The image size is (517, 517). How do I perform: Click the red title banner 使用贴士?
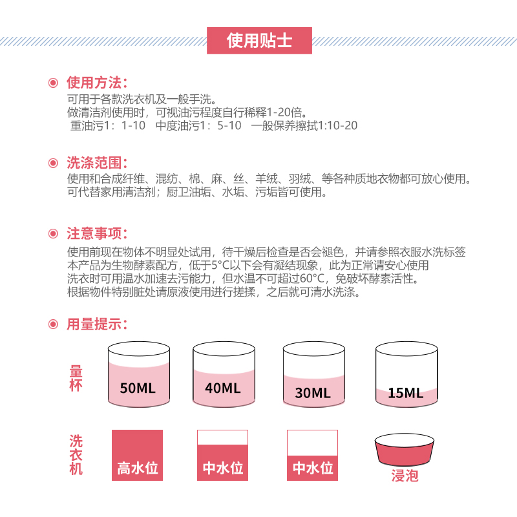(259, 41)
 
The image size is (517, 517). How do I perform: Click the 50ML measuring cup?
(139, 374)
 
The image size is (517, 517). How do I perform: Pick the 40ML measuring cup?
(224, 374)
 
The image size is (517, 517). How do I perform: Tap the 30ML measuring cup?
(314, 374)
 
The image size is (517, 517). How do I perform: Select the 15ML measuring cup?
(406, 374)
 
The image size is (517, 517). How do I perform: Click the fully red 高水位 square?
(137, 455)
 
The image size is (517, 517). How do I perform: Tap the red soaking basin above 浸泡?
(405, 450)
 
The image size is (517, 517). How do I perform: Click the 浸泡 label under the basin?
(405, 476)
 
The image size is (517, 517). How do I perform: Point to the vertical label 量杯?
(76, 378)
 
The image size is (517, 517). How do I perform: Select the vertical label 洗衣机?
(76, 455)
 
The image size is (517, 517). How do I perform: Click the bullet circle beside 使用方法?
(53, 83)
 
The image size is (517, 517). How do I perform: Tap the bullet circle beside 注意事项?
(53, 234)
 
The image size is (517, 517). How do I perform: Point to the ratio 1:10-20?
(337, 125)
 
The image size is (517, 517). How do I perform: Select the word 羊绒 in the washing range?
(266, 179)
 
